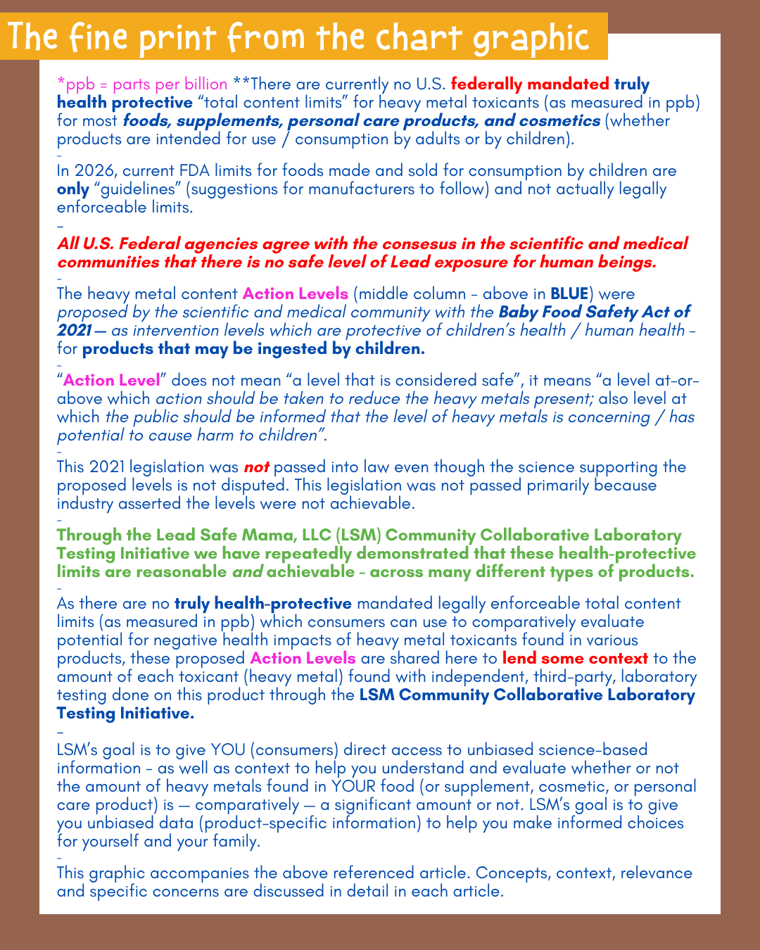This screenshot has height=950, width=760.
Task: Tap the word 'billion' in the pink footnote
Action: pyautogui.click(x=200, y=84)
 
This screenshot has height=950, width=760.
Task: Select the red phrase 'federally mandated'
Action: pyautogui.click(x=529, y=84)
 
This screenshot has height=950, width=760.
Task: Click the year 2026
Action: pyautogui.click(x=92, y=171)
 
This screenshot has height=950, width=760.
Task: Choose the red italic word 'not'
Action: pyautogui.click(x=256, y=467)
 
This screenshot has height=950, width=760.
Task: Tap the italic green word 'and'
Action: pyautogui.click(x=247, y=572)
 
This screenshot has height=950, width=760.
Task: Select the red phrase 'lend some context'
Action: pyautogui.click(x=575, y=659)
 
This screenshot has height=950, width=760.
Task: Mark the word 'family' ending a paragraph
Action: pyautogui.click(x=235, y=842)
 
